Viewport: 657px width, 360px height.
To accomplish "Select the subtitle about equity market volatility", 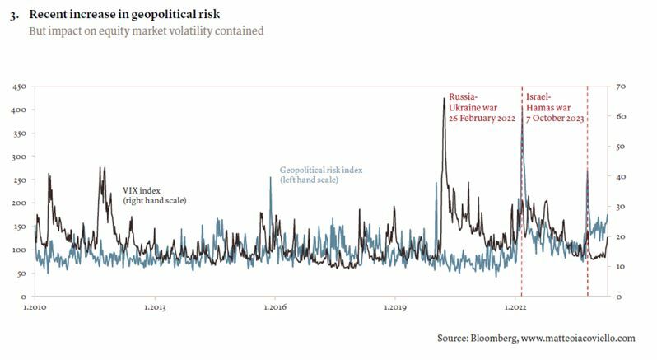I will coord(147,31).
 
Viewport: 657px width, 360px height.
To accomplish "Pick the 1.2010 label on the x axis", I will coord(35,307).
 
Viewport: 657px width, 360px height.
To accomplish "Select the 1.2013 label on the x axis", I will coord(155,307).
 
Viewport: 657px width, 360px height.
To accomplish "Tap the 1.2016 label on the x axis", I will coord(275,307).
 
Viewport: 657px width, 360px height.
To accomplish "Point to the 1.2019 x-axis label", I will coord(395,307).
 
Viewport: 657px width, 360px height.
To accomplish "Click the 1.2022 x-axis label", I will coord(515,307).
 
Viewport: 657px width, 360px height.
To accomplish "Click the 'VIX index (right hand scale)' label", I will coord(154,195).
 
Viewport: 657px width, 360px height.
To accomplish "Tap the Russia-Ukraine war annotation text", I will coord(482,108).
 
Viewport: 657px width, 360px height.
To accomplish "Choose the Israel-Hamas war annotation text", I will coord(554,108).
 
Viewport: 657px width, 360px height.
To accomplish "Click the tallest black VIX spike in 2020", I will coord(445,100).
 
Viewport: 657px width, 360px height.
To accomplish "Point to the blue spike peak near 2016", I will coord(271,177).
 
